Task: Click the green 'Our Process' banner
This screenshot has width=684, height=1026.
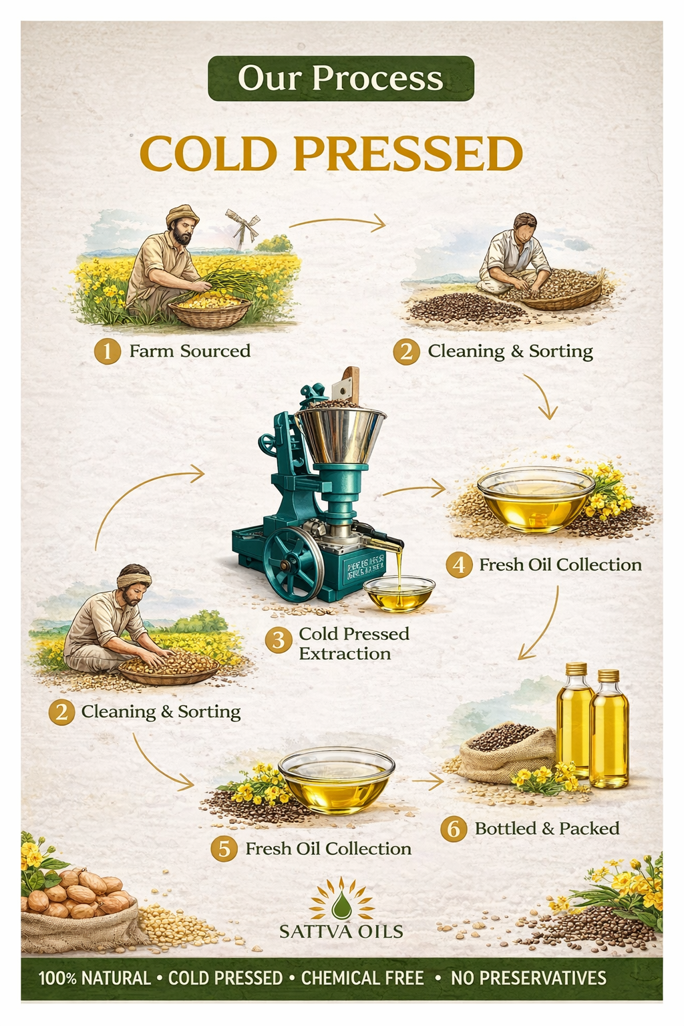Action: coord(341,78)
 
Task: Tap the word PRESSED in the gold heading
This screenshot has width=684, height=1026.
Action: coord(407,154)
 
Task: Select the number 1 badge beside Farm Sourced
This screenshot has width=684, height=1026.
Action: coord(107,351)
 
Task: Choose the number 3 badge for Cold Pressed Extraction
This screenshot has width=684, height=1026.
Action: coord(279,640)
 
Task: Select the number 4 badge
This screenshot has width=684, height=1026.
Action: coord(459,565)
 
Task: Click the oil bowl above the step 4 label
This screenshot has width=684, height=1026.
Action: coord(535,499)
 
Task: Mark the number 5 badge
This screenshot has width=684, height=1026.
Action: coord(224,849)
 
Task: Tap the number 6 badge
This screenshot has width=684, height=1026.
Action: coord(454,829)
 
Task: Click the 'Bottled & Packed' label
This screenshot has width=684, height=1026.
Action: coord(547,829)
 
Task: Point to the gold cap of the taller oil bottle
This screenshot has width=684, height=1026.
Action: coord(576,669)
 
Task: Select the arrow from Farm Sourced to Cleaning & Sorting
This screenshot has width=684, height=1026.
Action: coord(338,222)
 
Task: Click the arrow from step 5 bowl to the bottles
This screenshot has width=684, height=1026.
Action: coord(427,780)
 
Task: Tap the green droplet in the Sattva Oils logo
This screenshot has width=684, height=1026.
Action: coord(341,905)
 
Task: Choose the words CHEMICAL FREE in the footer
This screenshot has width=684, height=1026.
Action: coord(362,979)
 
